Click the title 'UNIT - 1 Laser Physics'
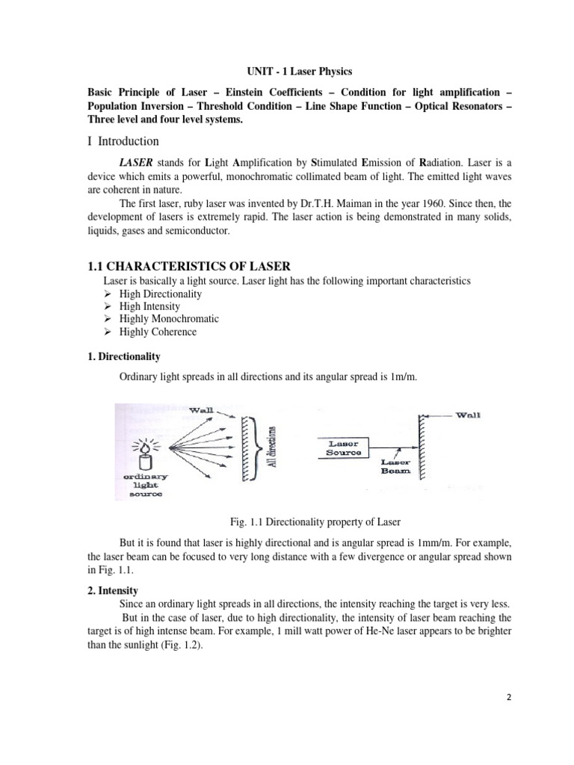coord(299,71)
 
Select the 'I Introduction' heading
coord(123,141)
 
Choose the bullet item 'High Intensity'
coord(149,306)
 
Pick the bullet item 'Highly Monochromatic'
coord(169,319)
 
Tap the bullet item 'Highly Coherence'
coord(158,332)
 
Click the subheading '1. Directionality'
coord(124,357)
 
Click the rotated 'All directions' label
coord(274,447)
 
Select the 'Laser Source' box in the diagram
coord(344,447)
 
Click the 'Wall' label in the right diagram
coord(467,415)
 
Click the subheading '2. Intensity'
coord(113,590)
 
